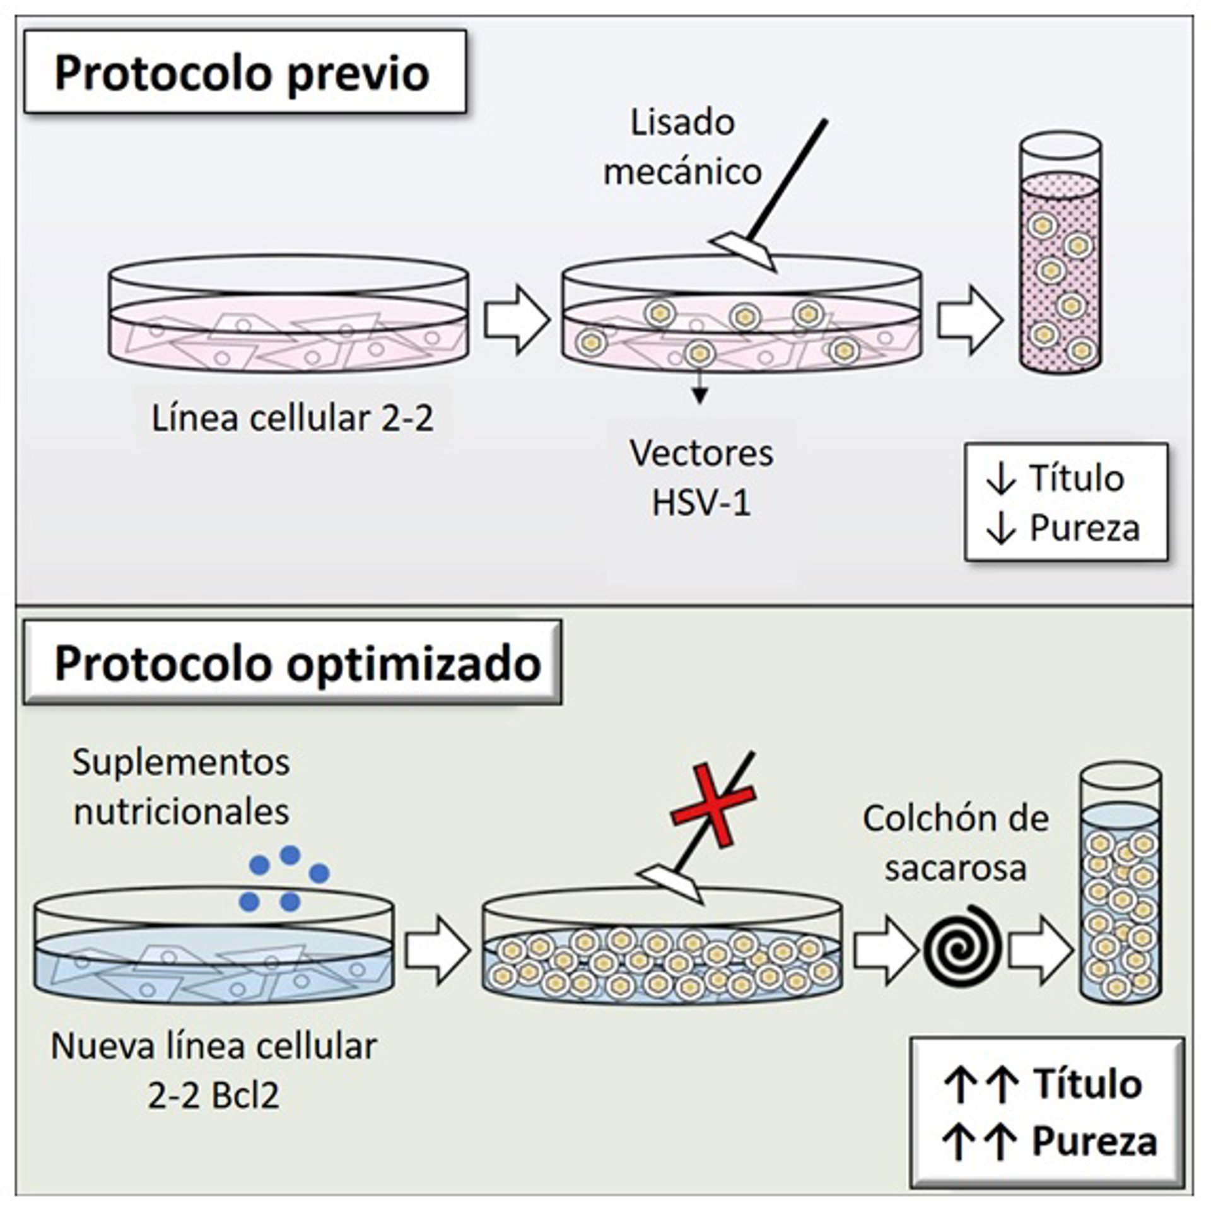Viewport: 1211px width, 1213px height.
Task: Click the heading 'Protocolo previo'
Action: (x=243, y=74)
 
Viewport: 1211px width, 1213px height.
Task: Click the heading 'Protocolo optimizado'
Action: (x=298, y=664)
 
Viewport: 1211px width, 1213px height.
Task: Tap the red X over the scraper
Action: (x=713, y=804)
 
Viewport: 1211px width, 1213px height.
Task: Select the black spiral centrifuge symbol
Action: (x=961, y=948)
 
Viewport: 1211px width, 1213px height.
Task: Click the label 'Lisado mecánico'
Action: (x=683, y=147)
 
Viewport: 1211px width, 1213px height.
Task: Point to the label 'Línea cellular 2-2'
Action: (x=293, y=418)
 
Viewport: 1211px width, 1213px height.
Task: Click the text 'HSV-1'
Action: (x=701, y=503)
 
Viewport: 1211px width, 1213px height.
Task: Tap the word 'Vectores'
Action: (x=701, y=454)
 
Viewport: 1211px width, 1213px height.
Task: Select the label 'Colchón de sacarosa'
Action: (x=956, y=843)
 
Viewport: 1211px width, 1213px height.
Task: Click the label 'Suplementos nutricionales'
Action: (x=181, y=787)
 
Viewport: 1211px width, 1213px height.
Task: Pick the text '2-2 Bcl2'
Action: (x=214, y=1096)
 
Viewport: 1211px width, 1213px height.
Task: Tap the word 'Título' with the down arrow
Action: (x=1076, y=478)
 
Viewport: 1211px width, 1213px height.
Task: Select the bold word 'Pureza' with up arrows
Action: (x=1094, y=1141)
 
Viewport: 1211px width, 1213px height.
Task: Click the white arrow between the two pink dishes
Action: (x=516, y=319)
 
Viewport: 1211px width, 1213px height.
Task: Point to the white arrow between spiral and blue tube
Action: (x=1039, y=950)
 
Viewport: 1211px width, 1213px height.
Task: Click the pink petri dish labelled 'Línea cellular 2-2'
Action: (x=289, y=315)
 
